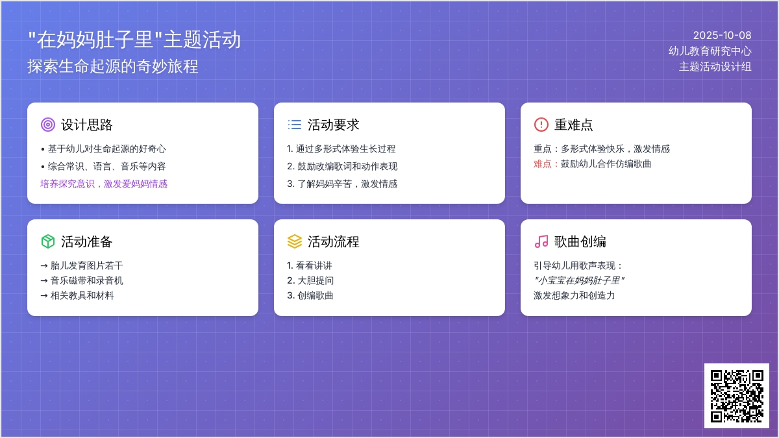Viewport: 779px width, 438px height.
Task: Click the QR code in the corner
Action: click(x=736, y=395)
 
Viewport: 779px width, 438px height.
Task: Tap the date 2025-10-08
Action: click(x=722, y=36)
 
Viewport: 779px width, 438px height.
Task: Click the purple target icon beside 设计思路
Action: click(x=47, y=125)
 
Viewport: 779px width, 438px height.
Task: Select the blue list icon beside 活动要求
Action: click(x=294, y=125)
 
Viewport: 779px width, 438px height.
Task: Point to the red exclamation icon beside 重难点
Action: click(x=541, y=125)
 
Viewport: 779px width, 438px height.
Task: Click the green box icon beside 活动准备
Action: click(x=47, y=241)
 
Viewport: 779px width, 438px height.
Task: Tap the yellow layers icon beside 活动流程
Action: click(x=294, y=241)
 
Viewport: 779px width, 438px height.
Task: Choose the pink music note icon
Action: click(x=541, y=241)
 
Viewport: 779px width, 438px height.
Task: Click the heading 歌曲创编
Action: click(x=580, y=241)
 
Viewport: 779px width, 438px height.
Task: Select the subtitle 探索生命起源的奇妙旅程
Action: click(x=113, y=66)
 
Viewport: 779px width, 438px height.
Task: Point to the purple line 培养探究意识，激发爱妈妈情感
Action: click(x=104, y=184)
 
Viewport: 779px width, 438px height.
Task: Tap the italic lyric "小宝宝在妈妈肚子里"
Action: click(x=579, y=280)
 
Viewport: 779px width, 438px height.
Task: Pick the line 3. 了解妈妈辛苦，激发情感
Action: click(x=342, y=184)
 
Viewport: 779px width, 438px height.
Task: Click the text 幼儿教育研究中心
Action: click(x=710, y=51)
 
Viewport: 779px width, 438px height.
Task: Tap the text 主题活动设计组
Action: click(x=715, y=66)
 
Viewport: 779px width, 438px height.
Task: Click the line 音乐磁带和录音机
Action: click(x=86, y=280)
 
